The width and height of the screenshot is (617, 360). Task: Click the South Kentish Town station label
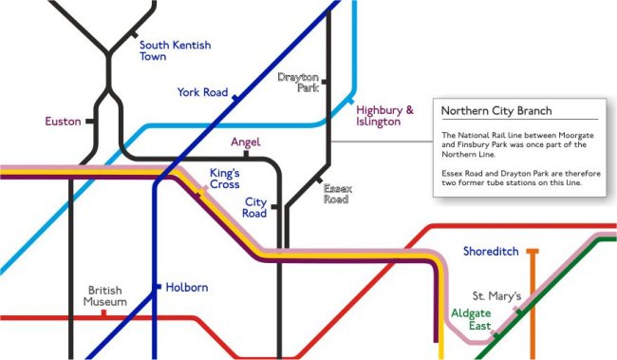point(175,50)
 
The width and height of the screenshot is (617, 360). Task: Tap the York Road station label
point(202,92)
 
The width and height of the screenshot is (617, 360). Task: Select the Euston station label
point(63,122)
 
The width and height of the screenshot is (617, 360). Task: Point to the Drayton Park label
point(297,82)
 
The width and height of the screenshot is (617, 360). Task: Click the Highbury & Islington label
point(384,116)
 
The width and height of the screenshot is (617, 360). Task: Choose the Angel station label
point(246,142)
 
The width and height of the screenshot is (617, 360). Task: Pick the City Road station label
point(255,208)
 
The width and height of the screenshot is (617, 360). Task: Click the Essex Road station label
point(337,195)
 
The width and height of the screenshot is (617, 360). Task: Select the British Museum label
point(106,296)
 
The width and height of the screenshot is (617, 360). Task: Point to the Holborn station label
point(186,287)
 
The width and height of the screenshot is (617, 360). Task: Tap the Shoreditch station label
point(490,252)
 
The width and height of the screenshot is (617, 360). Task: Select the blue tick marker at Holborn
point(158,286)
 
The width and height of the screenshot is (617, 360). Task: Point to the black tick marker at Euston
point(89,122)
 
